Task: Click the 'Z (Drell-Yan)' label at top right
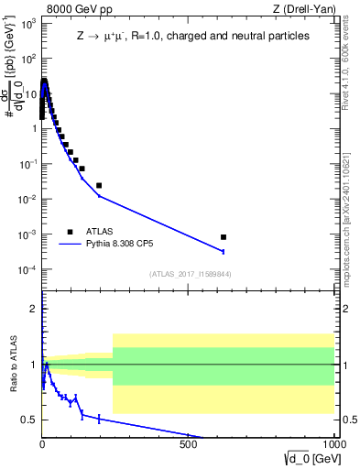point(302,10)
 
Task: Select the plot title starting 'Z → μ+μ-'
point(192,36)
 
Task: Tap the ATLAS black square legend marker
point(70,232)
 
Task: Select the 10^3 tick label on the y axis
point(27,23)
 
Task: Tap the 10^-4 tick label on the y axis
point(27,270)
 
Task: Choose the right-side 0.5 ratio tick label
point(348,420)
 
